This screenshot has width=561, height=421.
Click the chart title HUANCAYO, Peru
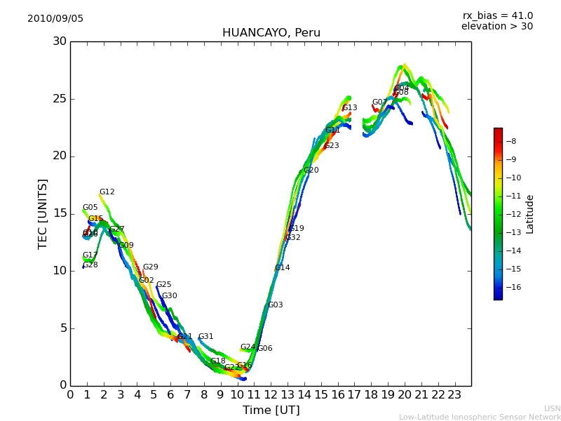point(271,33)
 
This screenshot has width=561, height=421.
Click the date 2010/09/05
point(55,19)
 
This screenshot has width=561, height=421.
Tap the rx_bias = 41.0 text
point(497,16)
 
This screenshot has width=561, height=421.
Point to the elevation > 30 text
point(496,27)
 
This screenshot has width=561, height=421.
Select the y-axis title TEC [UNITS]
point(43,213)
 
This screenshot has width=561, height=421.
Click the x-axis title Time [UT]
point(271,410)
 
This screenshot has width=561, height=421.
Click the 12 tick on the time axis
point(271,394)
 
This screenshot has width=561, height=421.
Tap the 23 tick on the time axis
point(454,394)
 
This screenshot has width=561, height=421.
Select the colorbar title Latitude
point(530,214)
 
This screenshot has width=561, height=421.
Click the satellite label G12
point(107,192)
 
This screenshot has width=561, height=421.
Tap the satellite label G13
point(349,108)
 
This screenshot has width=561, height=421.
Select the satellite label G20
point(311,171)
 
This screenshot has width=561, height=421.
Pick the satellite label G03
point(275,305)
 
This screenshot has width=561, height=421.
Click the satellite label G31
point(205,337)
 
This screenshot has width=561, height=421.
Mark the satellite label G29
point(150,267)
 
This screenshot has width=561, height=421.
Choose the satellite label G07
point(379,102)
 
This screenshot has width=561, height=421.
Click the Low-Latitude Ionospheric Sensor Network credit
point(480,417)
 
